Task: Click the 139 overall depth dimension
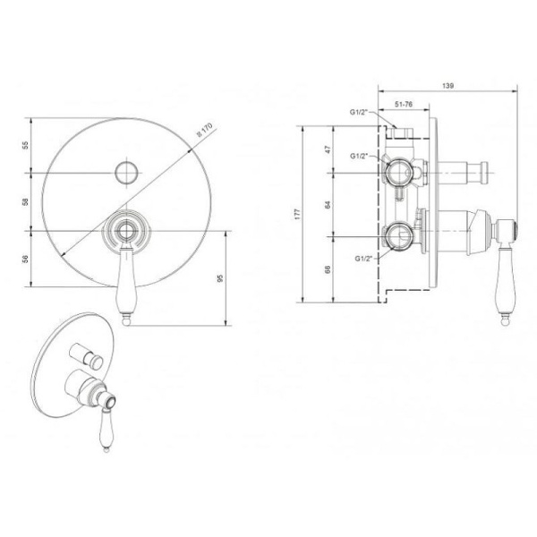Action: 447,86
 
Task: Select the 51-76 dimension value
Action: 404,105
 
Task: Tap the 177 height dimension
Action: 297,214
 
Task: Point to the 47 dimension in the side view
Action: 328,149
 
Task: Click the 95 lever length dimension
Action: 220,278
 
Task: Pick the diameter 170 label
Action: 204,130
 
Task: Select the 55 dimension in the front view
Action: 26,145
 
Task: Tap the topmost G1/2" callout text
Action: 358,112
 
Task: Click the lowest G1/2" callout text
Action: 363,259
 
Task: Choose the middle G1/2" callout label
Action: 359,156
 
